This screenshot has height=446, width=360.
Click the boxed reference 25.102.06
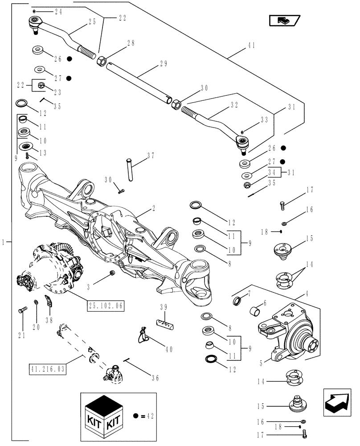[106, 306]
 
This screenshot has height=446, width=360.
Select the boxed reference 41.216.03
[48, 369]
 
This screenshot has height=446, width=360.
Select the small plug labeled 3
[112, 273]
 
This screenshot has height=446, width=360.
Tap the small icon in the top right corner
[284, 20]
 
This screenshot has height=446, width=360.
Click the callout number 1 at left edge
[4, 242]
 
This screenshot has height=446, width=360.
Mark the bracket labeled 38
[49, 302]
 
